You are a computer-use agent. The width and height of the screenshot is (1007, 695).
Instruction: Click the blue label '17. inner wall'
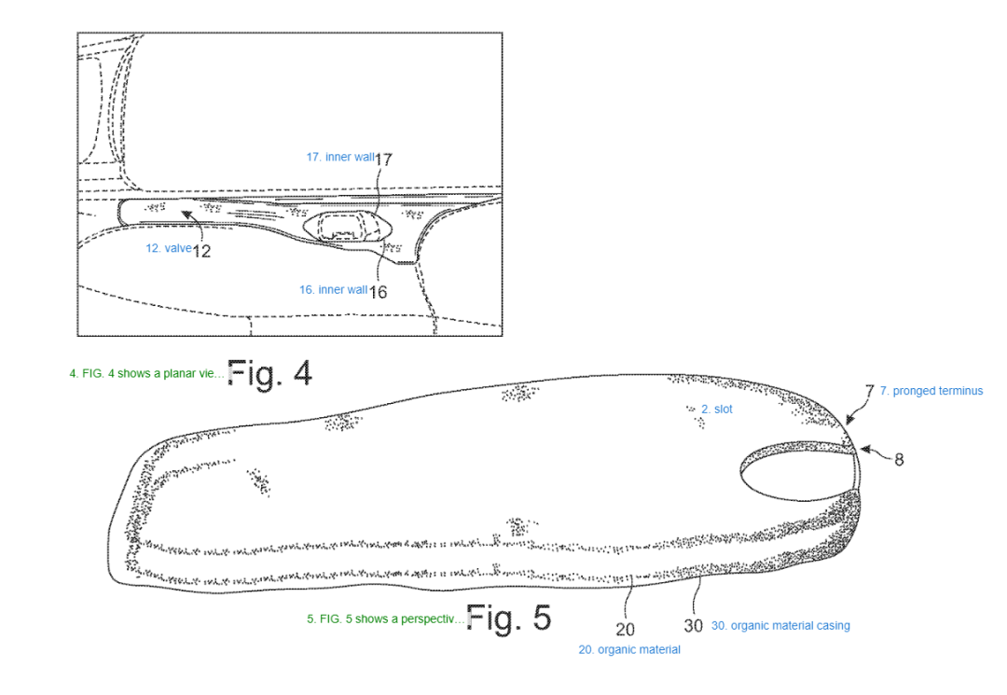pos(340,158)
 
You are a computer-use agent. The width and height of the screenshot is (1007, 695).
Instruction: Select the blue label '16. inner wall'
pos(333,290)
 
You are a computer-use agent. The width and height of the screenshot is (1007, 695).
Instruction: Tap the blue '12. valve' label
pos(168,248)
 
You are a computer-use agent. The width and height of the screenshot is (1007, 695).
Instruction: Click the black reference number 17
pos(383,160)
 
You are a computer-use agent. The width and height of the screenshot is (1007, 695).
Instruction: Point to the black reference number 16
pos(379,292)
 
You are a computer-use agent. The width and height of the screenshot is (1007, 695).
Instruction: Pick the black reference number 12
pos(201,251)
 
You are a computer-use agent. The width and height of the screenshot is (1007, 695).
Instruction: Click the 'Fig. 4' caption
pos(269,373)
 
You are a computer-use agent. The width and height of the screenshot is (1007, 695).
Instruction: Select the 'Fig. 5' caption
pos(509,618)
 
